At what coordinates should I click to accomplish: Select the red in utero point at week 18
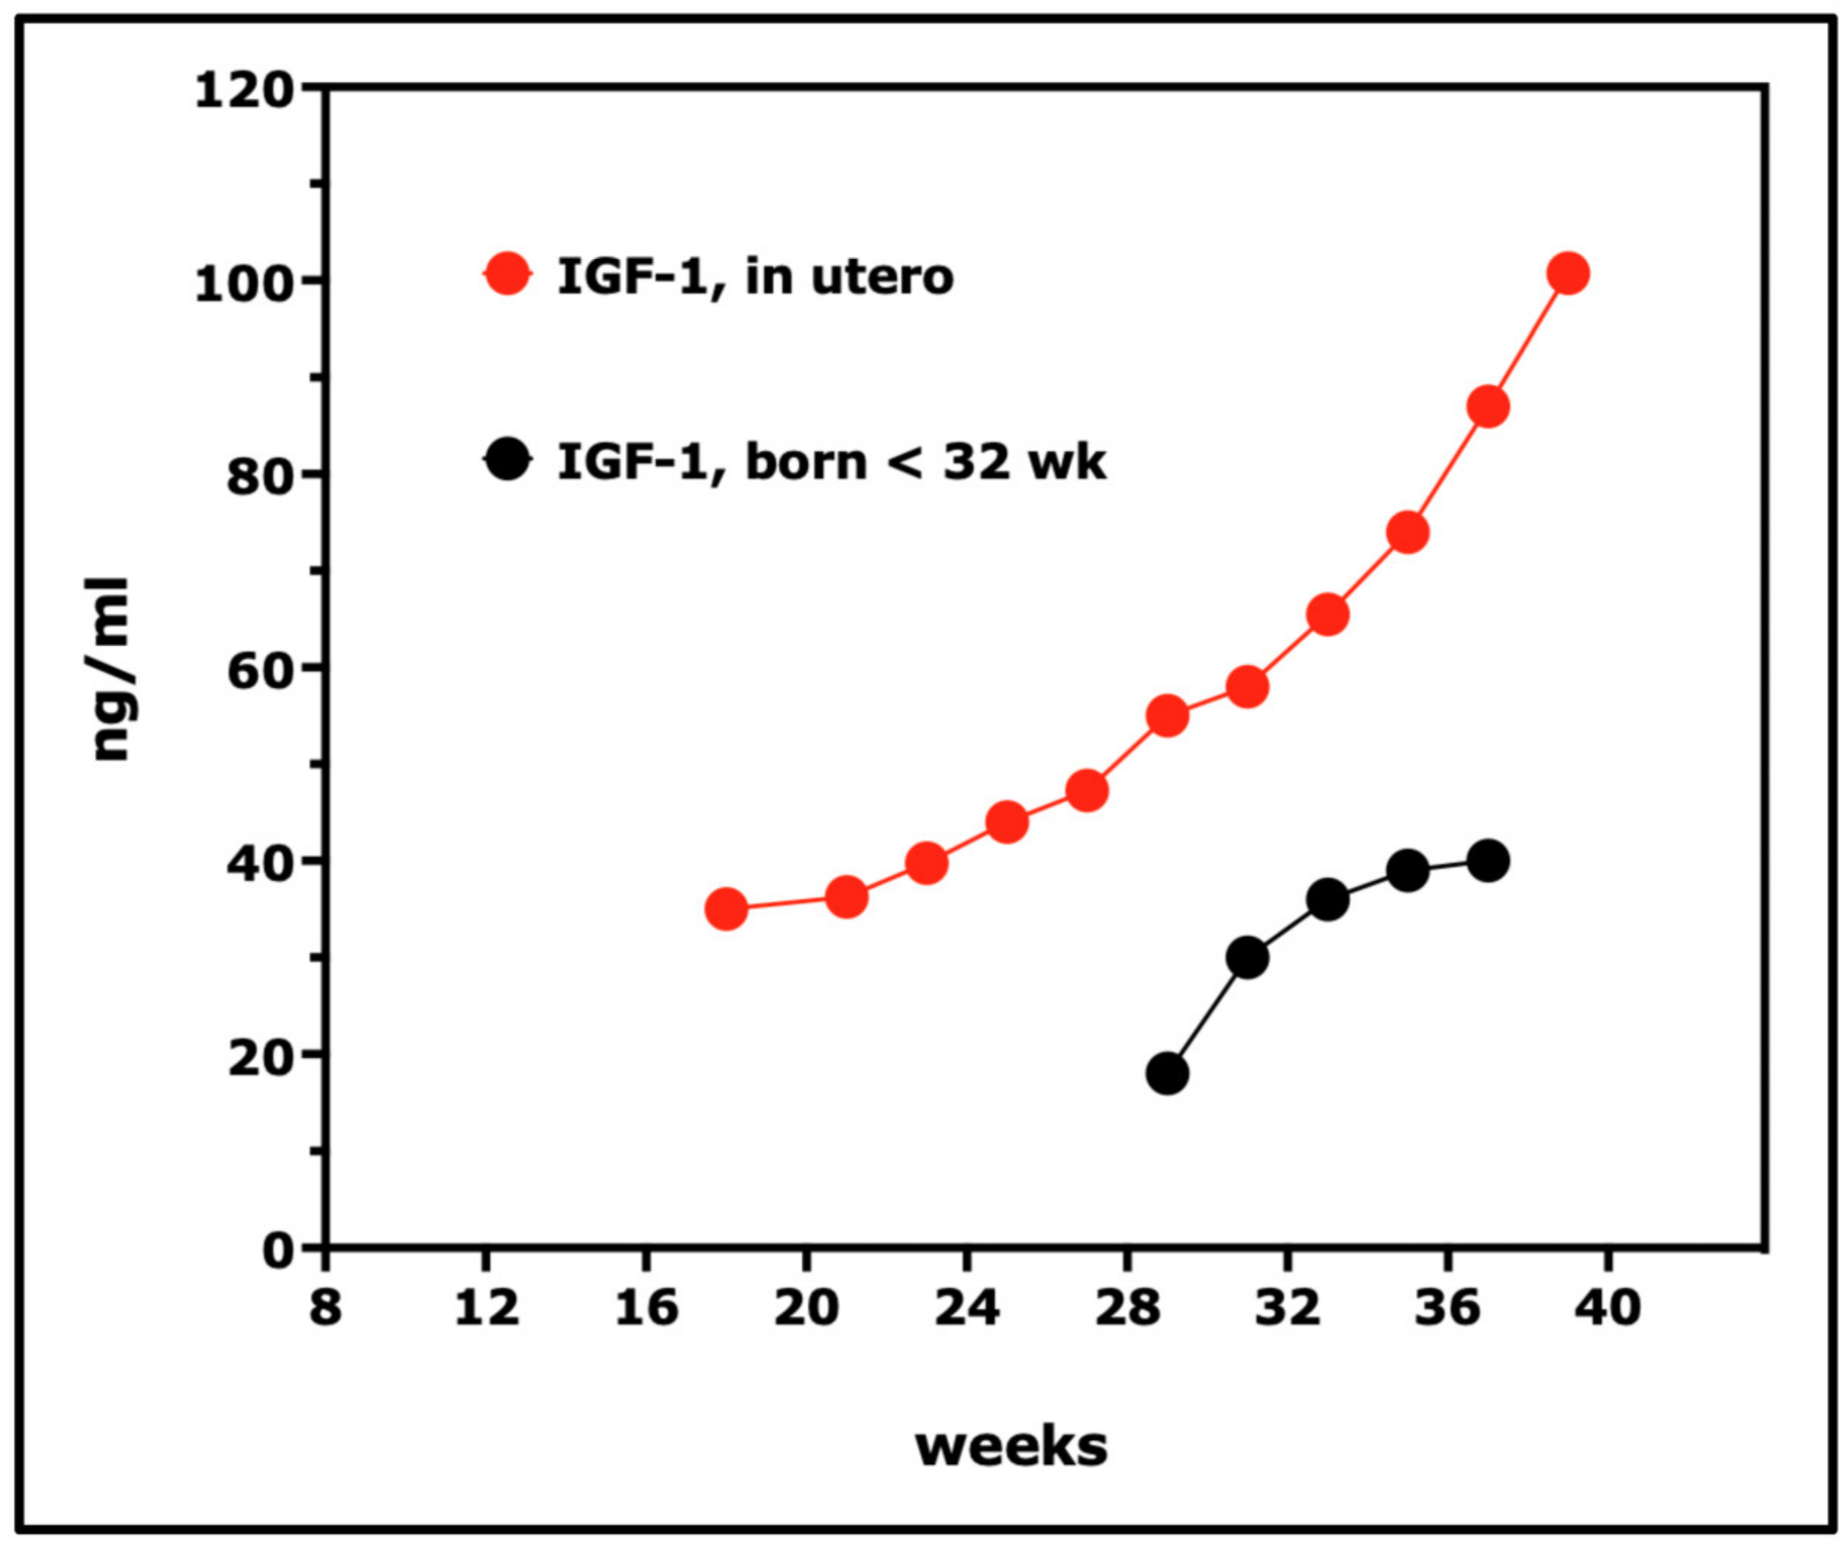pos(726,908)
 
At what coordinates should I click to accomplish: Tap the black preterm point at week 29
pos(1167,1073)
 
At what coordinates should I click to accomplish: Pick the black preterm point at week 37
pos(1488,861)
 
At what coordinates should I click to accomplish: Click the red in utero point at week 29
pos(1167,716)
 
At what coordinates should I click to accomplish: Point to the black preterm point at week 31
pos(1247,957)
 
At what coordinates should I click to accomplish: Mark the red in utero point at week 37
pos(1488,407)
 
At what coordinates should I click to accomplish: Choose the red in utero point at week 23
pos(926,863)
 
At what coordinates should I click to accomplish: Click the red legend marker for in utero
pos(508,275)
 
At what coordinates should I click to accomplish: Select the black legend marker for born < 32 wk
pos(508,459)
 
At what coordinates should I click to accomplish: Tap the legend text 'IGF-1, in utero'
pos(755,276)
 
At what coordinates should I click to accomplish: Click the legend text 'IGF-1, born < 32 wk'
pos(831,461)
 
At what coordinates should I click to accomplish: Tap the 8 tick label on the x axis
pos(325,1308)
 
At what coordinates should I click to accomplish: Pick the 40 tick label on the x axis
pos(1607,1308)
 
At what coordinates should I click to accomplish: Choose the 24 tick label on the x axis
pos(966,1308)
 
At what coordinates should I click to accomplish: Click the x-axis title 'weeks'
pos(1011,1447)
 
